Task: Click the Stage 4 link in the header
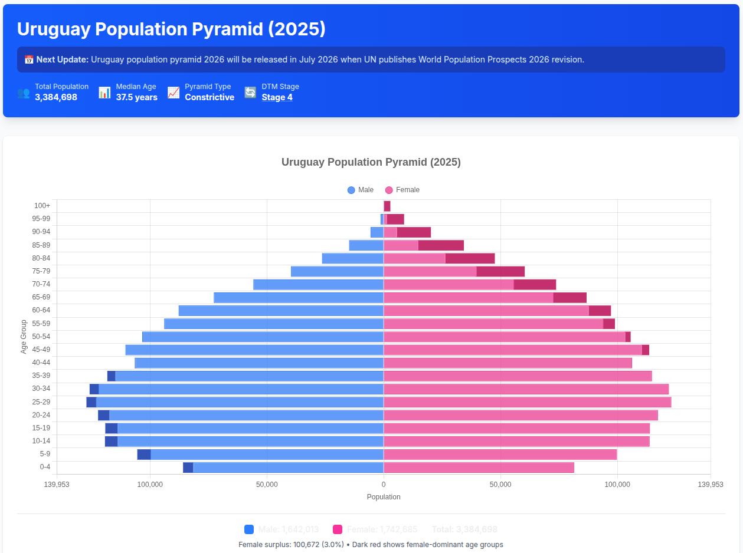tap(277, 97)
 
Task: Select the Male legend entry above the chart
tap(361, 190)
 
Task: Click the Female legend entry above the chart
tap(402, 190)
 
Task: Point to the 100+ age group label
tap(42, 206)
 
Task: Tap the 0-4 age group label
tap(45, 467)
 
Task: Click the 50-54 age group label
tap(41, 337)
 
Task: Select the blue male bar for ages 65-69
tap(298, 298)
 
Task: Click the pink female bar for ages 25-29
tap(527, 402)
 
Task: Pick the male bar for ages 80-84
tap(352, 258)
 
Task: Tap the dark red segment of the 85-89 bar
tap(441, 245)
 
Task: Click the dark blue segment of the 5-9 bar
tap(144, 455)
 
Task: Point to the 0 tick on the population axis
tap(384, 485)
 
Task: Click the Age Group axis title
tap(24, 337)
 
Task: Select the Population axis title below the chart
tap(384, 497)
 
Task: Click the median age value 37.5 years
tap(136, 97)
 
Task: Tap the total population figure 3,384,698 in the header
tap(56, 97)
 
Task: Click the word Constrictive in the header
tap(210, 97)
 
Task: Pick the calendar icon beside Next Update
tap(29, 60)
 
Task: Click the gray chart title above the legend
tap(371, 162)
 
